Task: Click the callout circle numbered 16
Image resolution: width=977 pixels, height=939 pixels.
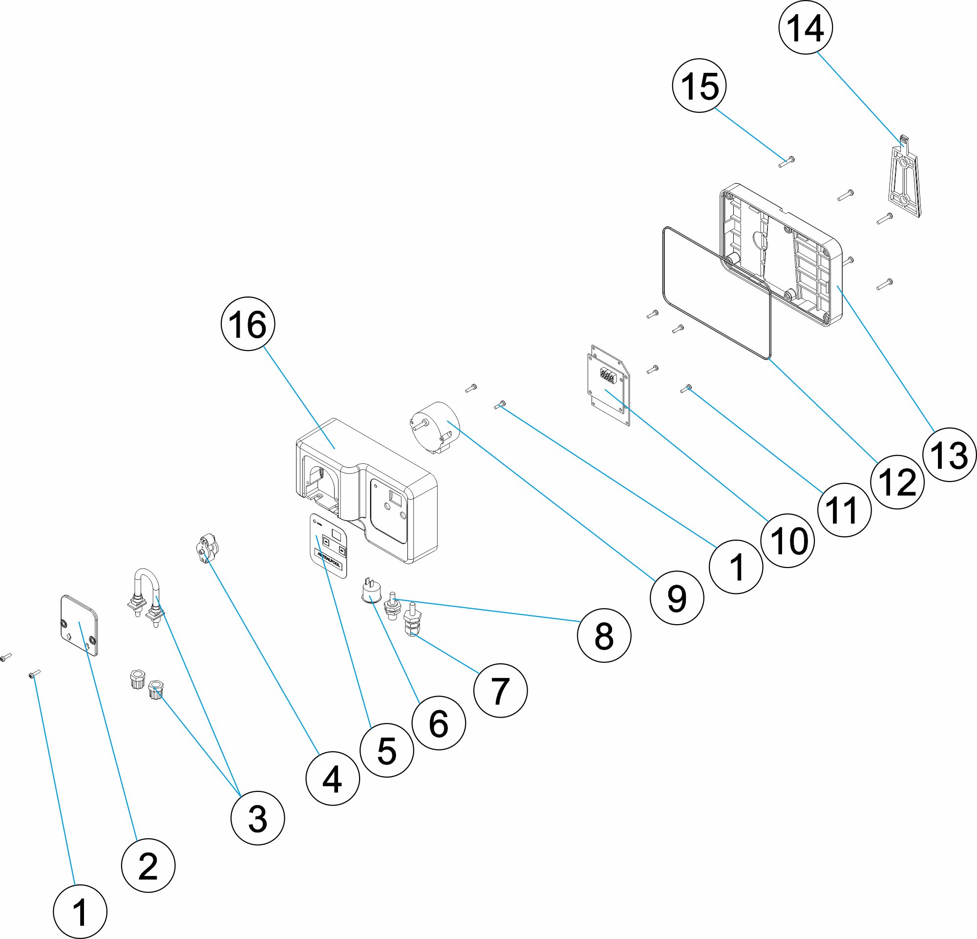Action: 248,324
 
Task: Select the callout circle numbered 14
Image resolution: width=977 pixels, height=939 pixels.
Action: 806,28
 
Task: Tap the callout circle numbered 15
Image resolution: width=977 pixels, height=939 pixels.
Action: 700,86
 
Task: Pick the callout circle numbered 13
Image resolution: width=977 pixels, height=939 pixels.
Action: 950,455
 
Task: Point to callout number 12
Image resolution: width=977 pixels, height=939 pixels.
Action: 897,482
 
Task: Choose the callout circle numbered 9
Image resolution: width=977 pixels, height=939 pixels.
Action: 677,598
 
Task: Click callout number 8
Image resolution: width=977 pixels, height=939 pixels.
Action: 604,636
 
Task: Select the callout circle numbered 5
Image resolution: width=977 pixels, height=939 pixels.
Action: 387,750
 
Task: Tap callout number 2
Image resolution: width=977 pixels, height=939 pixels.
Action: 148,866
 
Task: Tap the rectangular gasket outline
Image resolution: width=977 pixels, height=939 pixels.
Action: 716,293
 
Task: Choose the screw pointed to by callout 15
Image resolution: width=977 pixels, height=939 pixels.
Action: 786,162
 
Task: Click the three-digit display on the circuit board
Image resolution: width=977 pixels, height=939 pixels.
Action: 607,375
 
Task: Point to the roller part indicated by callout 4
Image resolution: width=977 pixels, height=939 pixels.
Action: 204,548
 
